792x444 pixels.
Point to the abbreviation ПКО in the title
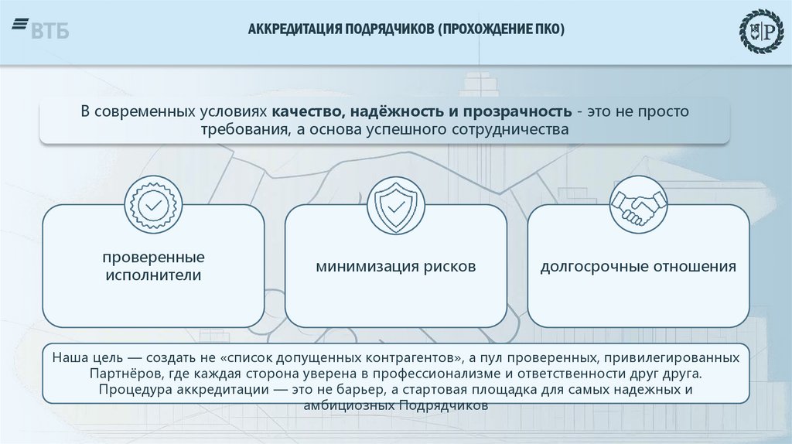click(550, 29)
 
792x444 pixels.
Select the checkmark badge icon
click(152, 204)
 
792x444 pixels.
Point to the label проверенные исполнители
click(152, 265)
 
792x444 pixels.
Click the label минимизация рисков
click(395, 267)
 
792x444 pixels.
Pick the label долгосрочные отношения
click(638, 267)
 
